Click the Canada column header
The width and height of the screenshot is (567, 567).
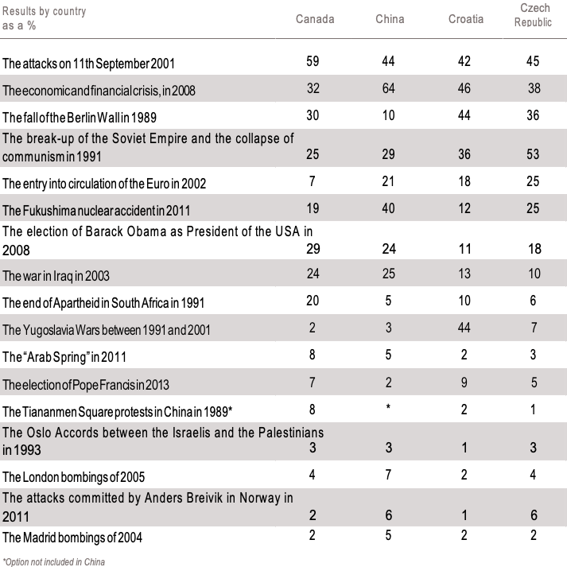point(314,19)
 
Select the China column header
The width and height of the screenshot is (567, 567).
point(390,19)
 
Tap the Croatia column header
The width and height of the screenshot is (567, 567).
point(465,19)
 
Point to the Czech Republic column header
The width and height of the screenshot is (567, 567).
point(534,14)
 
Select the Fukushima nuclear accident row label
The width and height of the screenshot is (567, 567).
point(96,210)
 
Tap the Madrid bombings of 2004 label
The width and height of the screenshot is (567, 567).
point(72,538)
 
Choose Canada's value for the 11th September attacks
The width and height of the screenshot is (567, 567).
point(313,60)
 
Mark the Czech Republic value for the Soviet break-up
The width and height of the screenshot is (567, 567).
point(534,153)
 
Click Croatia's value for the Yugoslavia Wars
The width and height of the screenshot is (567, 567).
point(465,327)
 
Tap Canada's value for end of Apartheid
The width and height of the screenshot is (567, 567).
point(313,300)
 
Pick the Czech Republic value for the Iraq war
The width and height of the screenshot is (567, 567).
point(534,274)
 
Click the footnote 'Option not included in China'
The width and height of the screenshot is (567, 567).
point(54,561)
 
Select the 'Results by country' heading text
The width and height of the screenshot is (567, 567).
point(44,12)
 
